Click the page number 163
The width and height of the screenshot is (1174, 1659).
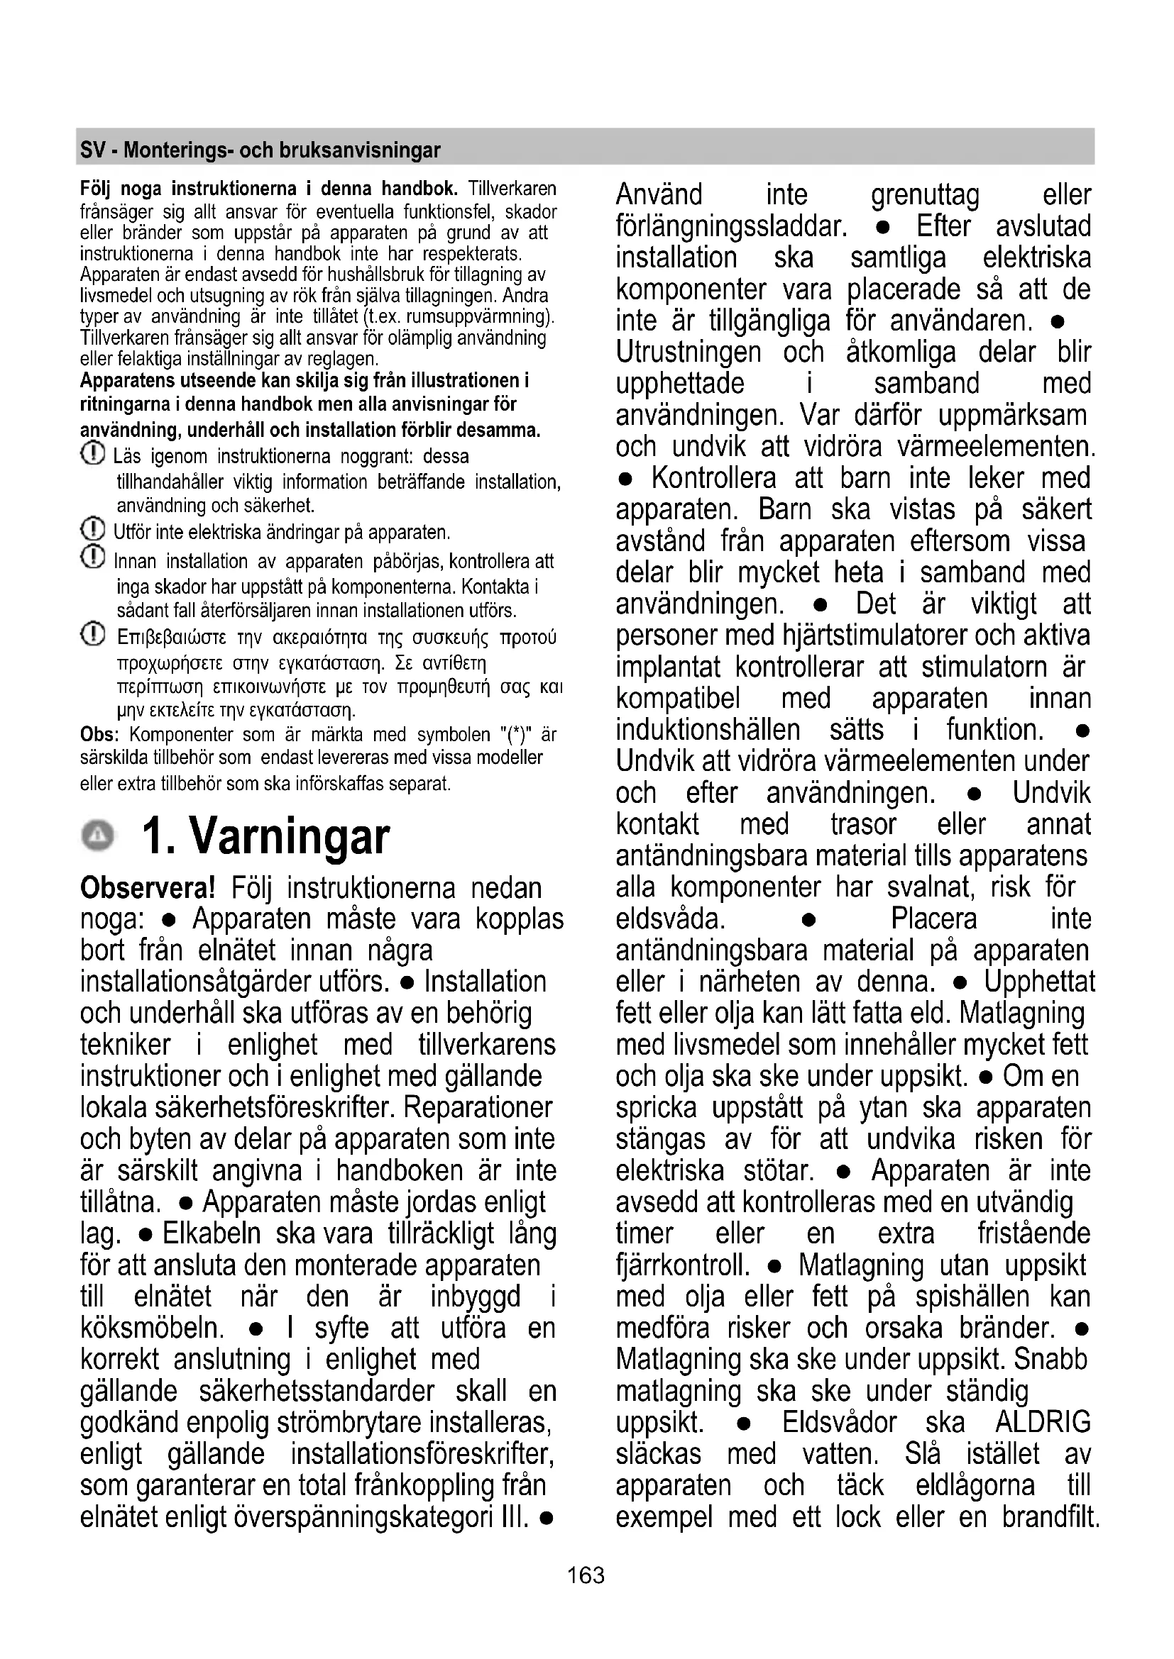586,1575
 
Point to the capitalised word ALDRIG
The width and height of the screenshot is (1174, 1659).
1043,1423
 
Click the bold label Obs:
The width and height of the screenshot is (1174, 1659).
99,735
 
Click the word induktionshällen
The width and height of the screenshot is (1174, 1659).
708,730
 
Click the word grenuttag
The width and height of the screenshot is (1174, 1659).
925,195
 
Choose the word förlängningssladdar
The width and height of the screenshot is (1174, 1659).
730,227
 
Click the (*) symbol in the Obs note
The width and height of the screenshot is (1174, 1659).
515,735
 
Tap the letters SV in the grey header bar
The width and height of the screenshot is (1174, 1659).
92,150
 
